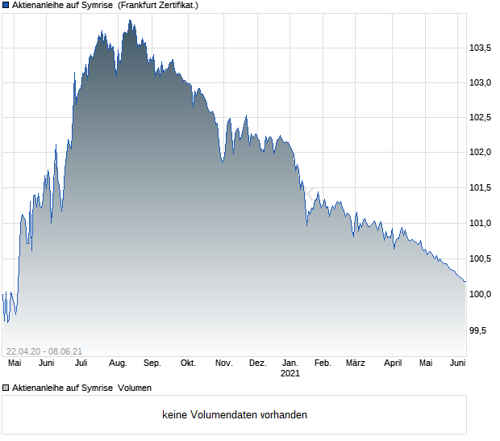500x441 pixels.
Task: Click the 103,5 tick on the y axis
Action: [481, 48]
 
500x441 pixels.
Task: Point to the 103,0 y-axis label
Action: [481, 82]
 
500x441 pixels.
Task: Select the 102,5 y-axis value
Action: [481, 118]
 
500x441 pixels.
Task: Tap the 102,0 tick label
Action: [481, 153]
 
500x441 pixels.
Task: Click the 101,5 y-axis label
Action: [481, 188]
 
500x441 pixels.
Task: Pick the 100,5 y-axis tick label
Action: [481, 258]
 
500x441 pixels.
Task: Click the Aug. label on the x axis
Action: [117, 363]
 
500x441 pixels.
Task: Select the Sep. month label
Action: [152, 363]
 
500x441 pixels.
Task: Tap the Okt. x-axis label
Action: [188, 363]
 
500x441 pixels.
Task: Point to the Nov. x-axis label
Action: [223, 363]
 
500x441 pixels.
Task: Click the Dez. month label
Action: [257, 363]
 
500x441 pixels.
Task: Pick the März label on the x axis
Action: [355, 363]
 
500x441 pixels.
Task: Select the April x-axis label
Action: [393, 363]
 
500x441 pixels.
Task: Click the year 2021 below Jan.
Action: [290, 374]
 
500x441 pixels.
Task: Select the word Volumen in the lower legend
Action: [135, 388]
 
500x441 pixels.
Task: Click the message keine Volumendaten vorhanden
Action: [235, 415]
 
